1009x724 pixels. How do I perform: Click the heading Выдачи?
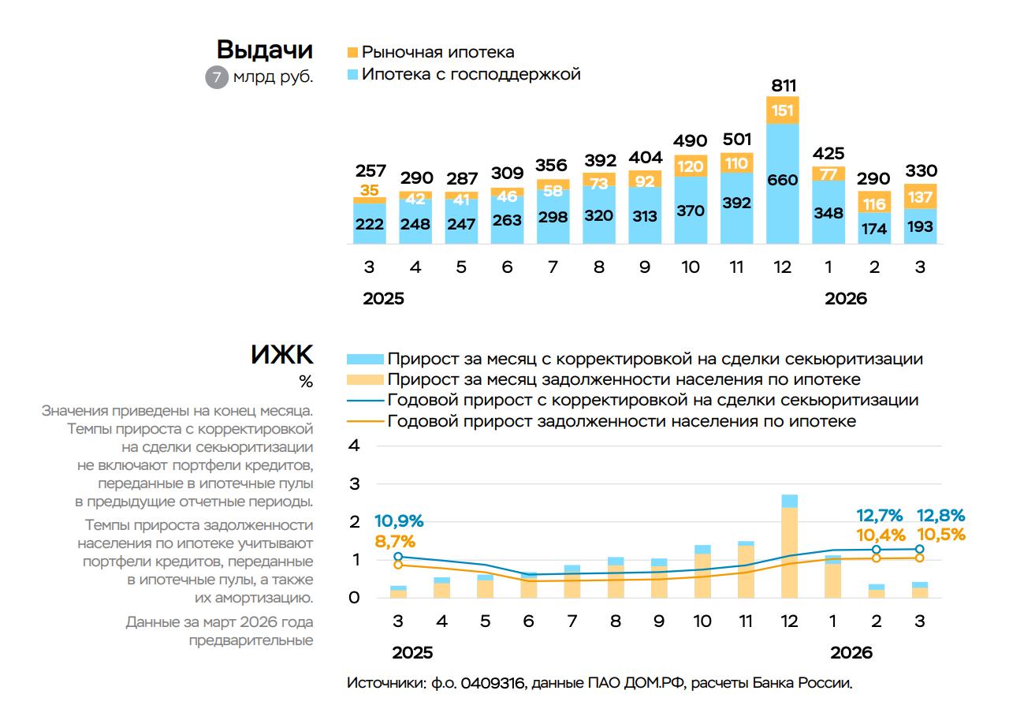point(264,50)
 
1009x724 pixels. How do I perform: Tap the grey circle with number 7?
point(216,77)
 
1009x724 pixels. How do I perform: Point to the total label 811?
point(783,85)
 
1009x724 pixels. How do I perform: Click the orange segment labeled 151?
point(783,110)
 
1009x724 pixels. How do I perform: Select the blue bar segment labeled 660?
point(783,180)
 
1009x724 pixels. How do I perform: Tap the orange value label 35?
point(370,190)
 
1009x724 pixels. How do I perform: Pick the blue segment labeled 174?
point(874,229)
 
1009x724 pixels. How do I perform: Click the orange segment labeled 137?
point(920,196)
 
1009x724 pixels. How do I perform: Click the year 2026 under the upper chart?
point(846,299)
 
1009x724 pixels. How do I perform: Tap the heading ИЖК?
point(282,355)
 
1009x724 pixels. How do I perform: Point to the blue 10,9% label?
point(399,521)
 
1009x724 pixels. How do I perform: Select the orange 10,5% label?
point(941,534)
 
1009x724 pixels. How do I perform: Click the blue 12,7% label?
point(880,516)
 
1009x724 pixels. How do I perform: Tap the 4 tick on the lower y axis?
point(354,446)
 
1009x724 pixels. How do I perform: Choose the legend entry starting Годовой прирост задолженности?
point(621,421)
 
